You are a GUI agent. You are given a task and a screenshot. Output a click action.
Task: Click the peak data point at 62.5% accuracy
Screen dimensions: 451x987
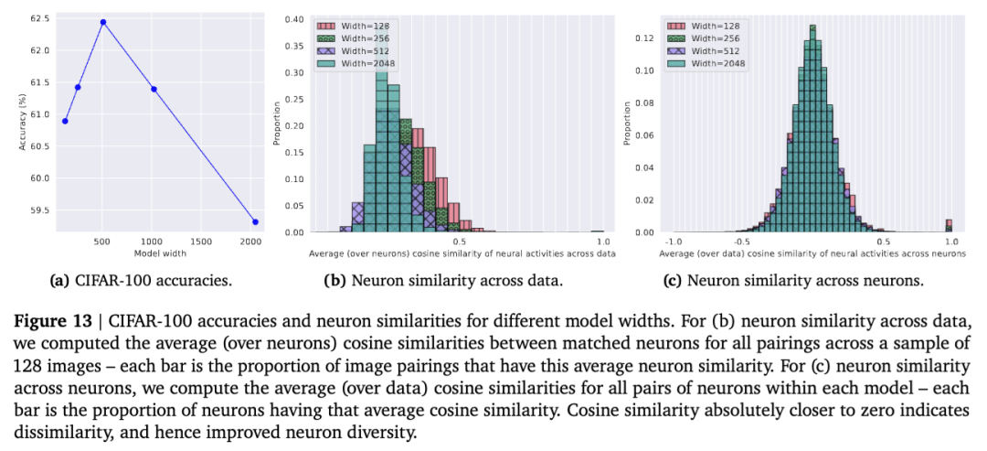pos(103,22)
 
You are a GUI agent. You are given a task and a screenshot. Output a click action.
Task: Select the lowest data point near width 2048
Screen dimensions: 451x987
pos(255,221)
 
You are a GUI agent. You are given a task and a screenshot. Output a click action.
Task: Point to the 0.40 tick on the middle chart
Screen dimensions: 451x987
pos(293,18)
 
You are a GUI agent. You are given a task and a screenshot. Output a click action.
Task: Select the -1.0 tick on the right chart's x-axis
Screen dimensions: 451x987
pos(674,242)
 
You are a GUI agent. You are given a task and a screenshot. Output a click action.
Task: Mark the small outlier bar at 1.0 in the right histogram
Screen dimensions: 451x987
pos(949,225)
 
